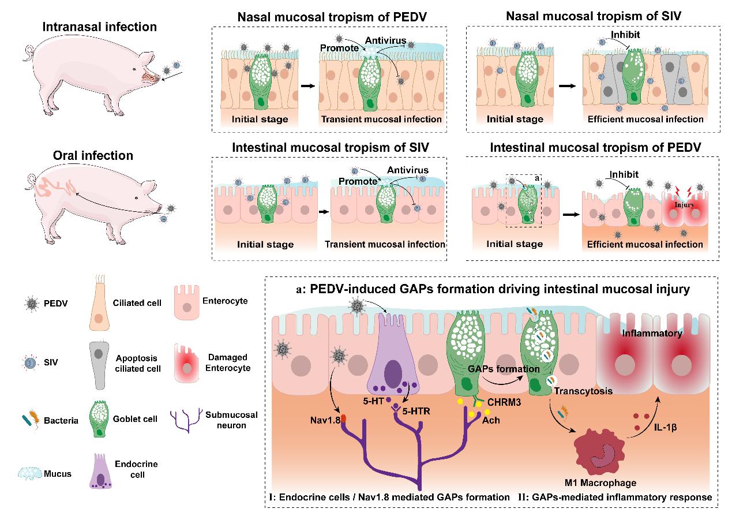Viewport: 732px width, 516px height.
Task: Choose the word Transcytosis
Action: pos(583,391)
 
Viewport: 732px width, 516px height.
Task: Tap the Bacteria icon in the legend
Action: pos(27,420)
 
